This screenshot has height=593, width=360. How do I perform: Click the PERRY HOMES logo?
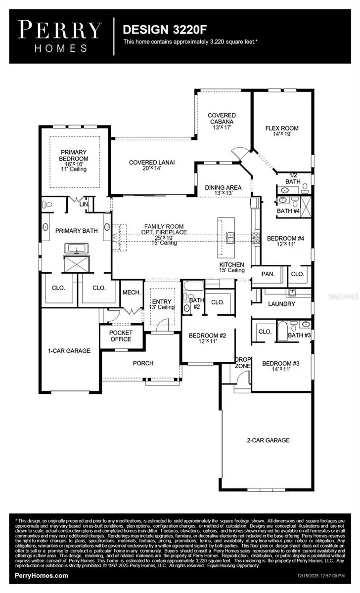[60, 37]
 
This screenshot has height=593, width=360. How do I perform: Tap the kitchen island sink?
[230, 238]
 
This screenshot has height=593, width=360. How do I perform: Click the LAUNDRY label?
[282, 304]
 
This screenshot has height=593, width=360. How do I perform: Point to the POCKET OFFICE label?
[120, 336]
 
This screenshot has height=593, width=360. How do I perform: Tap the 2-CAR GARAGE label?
[268, 440]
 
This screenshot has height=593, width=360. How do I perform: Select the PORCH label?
[143, 363]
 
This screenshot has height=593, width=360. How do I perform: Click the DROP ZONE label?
[243, 362]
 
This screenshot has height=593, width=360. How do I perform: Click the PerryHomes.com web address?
[42, 576]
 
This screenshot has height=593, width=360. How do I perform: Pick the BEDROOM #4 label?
[285, 242]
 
